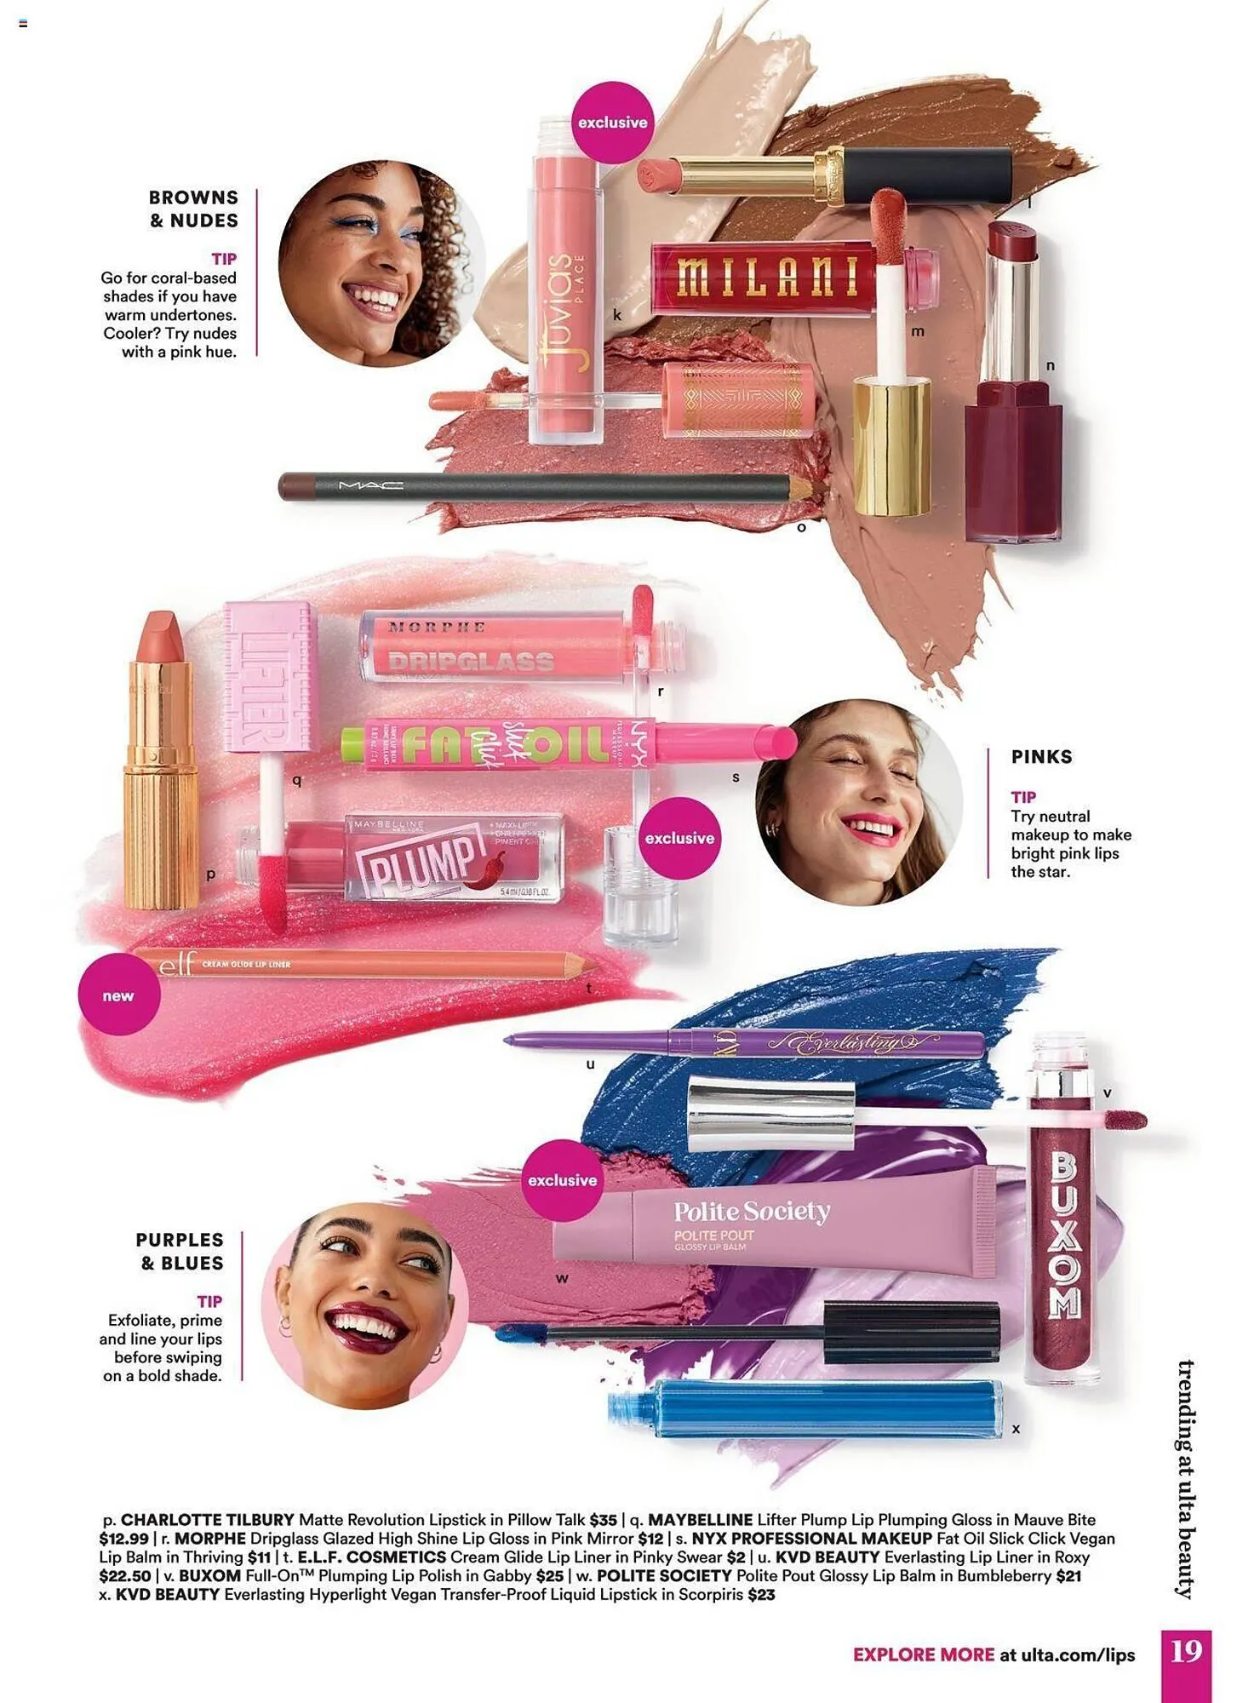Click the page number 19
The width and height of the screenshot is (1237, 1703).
click(1186, 1653)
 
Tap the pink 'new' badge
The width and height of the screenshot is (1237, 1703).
click(118, 995)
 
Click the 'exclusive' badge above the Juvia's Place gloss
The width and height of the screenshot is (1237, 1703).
click(612, 123)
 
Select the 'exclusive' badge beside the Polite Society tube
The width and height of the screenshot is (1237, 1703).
click(562, 1180)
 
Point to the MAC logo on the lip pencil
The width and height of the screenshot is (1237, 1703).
click(371, 486)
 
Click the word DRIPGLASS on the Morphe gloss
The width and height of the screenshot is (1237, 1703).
click(470, 662)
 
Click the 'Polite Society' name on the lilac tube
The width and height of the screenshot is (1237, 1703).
click(751, 1211)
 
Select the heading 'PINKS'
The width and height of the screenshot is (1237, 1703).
click(1041, 756)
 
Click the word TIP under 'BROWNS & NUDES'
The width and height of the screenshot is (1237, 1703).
click(224, 259)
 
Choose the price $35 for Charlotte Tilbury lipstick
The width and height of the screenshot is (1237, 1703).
click(603, 1520)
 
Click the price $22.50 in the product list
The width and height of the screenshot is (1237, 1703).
click(125, 1576)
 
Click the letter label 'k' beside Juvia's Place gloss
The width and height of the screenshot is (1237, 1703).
click(617, 315)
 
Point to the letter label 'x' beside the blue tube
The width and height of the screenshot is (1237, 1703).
click(1016, 1429)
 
